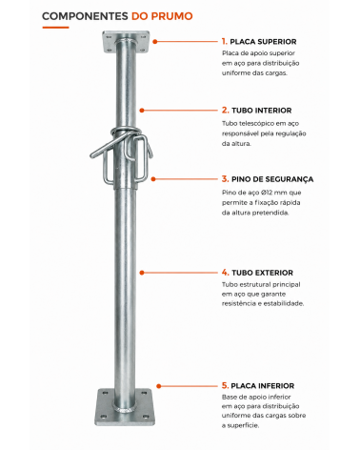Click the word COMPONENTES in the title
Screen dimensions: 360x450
pos(85,16)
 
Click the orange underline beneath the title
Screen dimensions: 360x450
pos(55,28)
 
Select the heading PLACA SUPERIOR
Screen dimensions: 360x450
pos(263,42)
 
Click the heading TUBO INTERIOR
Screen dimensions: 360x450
pos(262,111)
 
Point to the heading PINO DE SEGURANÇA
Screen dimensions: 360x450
pos(272,179)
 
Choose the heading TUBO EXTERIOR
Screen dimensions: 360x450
pos(262,273)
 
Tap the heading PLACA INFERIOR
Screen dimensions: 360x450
pos(263,386)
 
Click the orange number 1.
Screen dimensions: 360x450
pos(224,41)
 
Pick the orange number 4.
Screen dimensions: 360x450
pos(225,273)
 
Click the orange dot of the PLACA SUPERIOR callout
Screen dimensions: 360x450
pos(155,42)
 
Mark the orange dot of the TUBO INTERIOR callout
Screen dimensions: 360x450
pos(142,111)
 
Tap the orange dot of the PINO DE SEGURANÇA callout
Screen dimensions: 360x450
pos(153,179)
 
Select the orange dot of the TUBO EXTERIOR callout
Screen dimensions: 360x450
pos(142,273)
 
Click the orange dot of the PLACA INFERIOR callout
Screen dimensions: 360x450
pos(159,386)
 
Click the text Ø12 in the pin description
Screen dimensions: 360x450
pos(267,193)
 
